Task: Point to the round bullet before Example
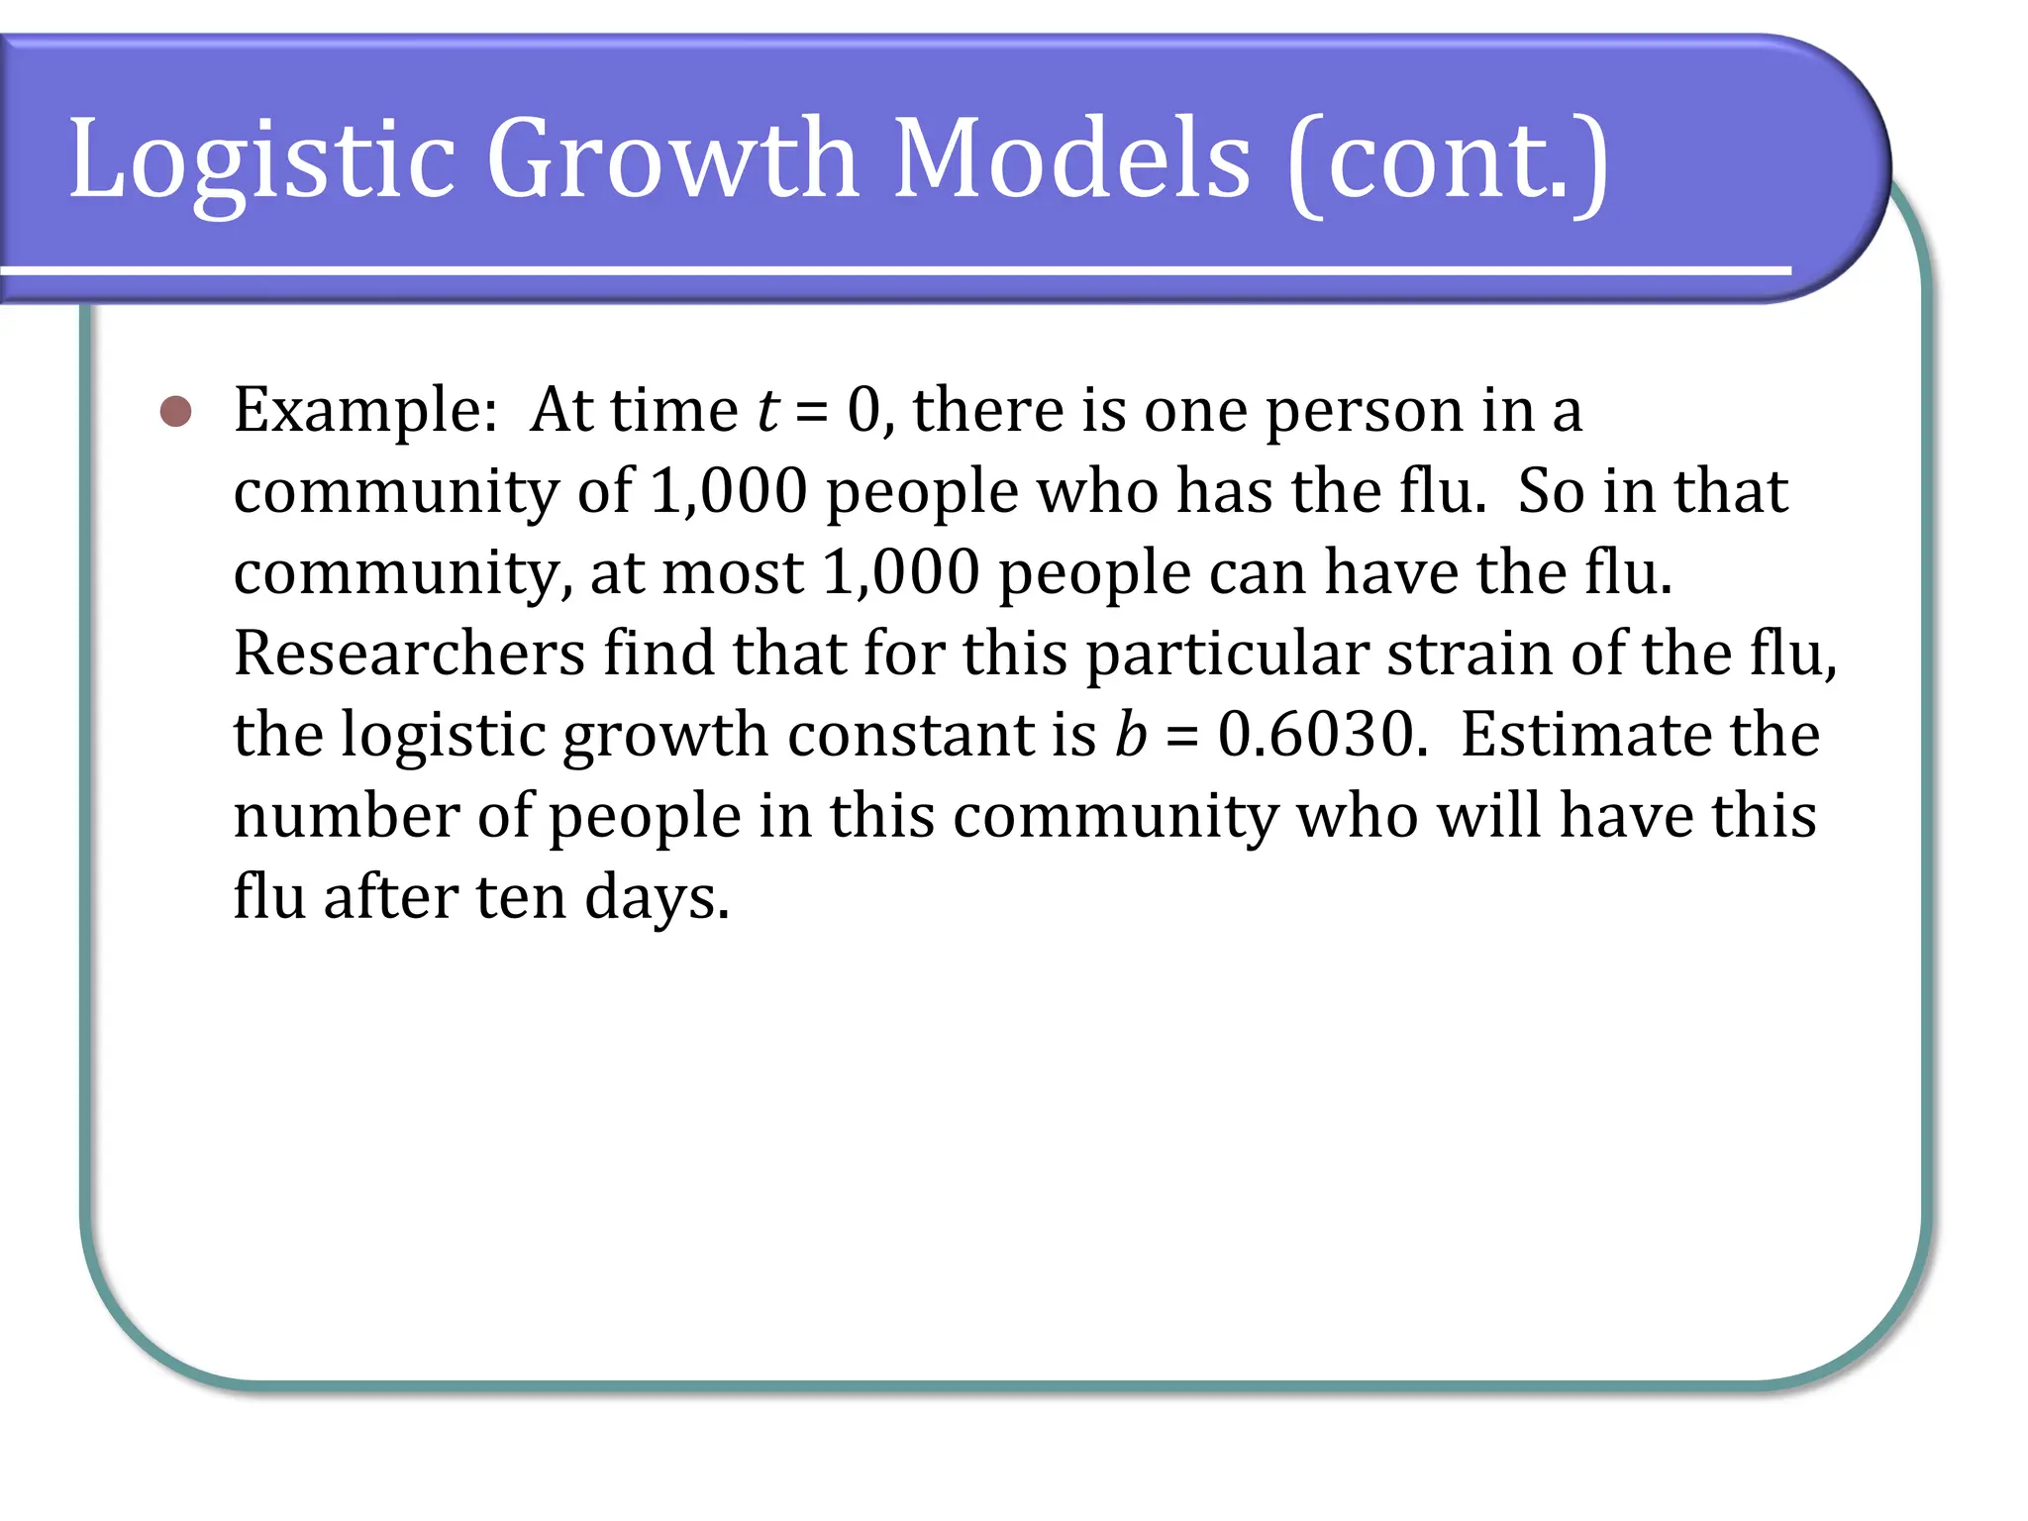click(176, 412)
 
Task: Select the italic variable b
click(1131, 736)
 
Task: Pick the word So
click(1551, 492)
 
